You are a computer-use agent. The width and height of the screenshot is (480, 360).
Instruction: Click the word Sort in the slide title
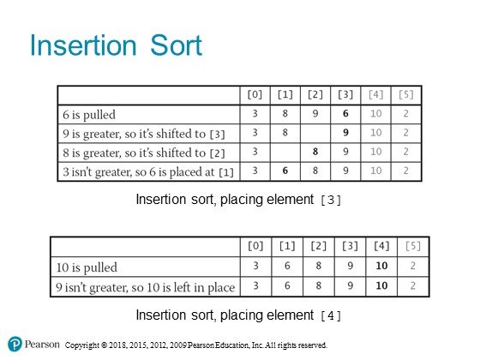coord(176,45)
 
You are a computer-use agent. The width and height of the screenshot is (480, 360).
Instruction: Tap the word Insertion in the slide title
coord(83,45)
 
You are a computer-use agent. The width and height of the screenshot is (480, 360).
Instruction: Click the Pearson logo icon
coord(15,344)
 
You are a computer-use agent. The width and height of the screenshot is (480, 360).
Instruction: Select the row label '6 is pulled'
coord(89,115)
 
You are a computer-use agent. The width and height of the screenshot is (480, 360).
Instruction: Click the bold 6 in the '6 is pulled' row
coord(345,113)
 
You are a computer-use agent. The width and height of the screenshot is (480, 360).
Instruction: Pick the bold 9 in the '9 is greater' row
coord(345,133)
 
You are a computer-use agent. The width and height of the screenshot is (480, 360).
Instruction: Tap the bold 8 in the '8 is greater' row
coord(315,152)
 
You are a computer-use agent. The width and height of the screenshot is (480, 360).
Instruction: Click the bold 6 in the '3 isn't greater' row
coord(285,171)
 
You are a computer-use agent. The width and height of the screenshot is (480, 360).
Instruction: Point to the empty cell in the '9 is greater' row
coord(315,134)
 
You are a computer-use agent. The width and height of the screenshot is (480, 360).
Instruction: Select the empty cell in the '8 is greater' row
coord(285,153)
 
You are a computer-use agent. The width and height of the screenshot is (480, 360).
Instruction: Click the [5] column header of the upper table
coord(406,94)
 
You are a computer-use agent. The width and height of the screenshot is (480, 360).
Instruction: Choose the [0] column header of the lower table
coord(255,246)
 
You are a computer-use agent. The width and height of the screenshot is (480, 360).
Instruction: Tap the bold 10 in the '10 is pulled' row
coord(381,266)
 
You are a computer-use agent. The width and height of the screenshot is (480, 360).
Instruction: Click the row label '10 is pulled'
coord(87,267)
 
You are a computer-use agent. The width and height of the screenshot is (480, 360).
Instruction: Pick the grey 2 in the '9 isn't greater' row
coord(413,285)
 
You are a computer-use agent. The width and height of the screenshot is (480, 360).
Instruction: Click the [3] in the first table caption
coord(331,201)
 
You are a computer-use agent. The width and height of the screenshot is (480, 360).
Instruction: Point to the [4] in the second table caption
coord(331,315)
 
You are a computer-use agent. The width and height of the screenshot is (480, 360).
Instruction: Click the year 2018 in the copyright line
coord(117,345)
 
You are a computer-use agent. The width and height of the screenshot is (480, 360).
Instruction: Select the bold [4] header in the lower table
coord(381,246)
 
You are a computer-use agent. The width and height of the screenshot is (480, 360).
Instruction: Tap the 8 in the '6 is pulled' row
coord(285,113)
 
